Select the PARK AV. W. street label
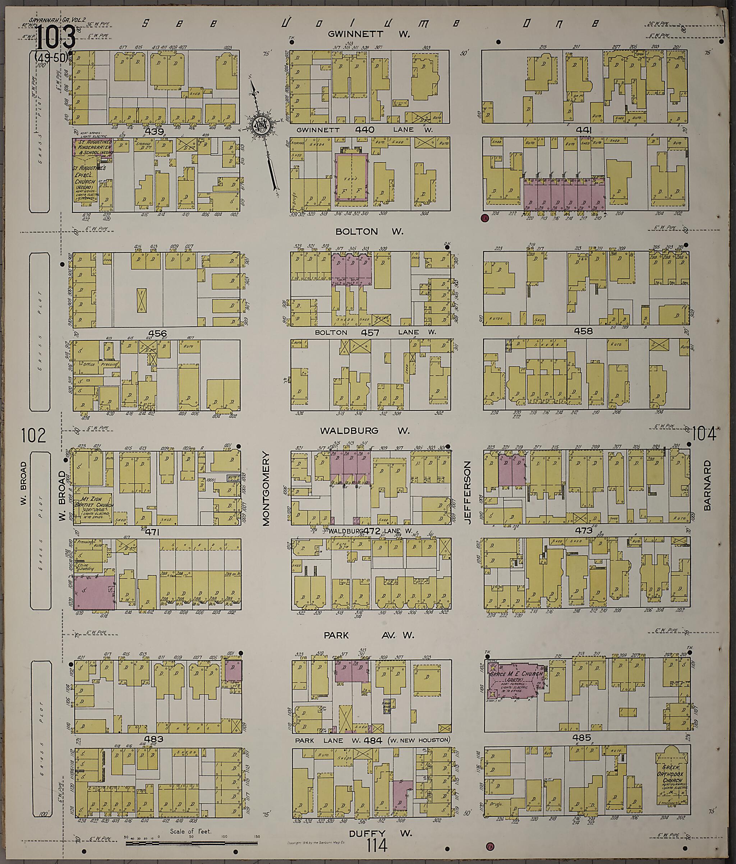(369, 635)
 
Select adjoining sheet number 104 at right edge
(704, 435)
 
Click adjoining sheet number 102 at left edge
(34, 436)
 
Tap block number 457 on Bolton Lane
(369, 332)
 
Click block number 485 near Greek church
(582, 737)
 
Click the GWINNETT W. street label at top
(369, 33)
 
